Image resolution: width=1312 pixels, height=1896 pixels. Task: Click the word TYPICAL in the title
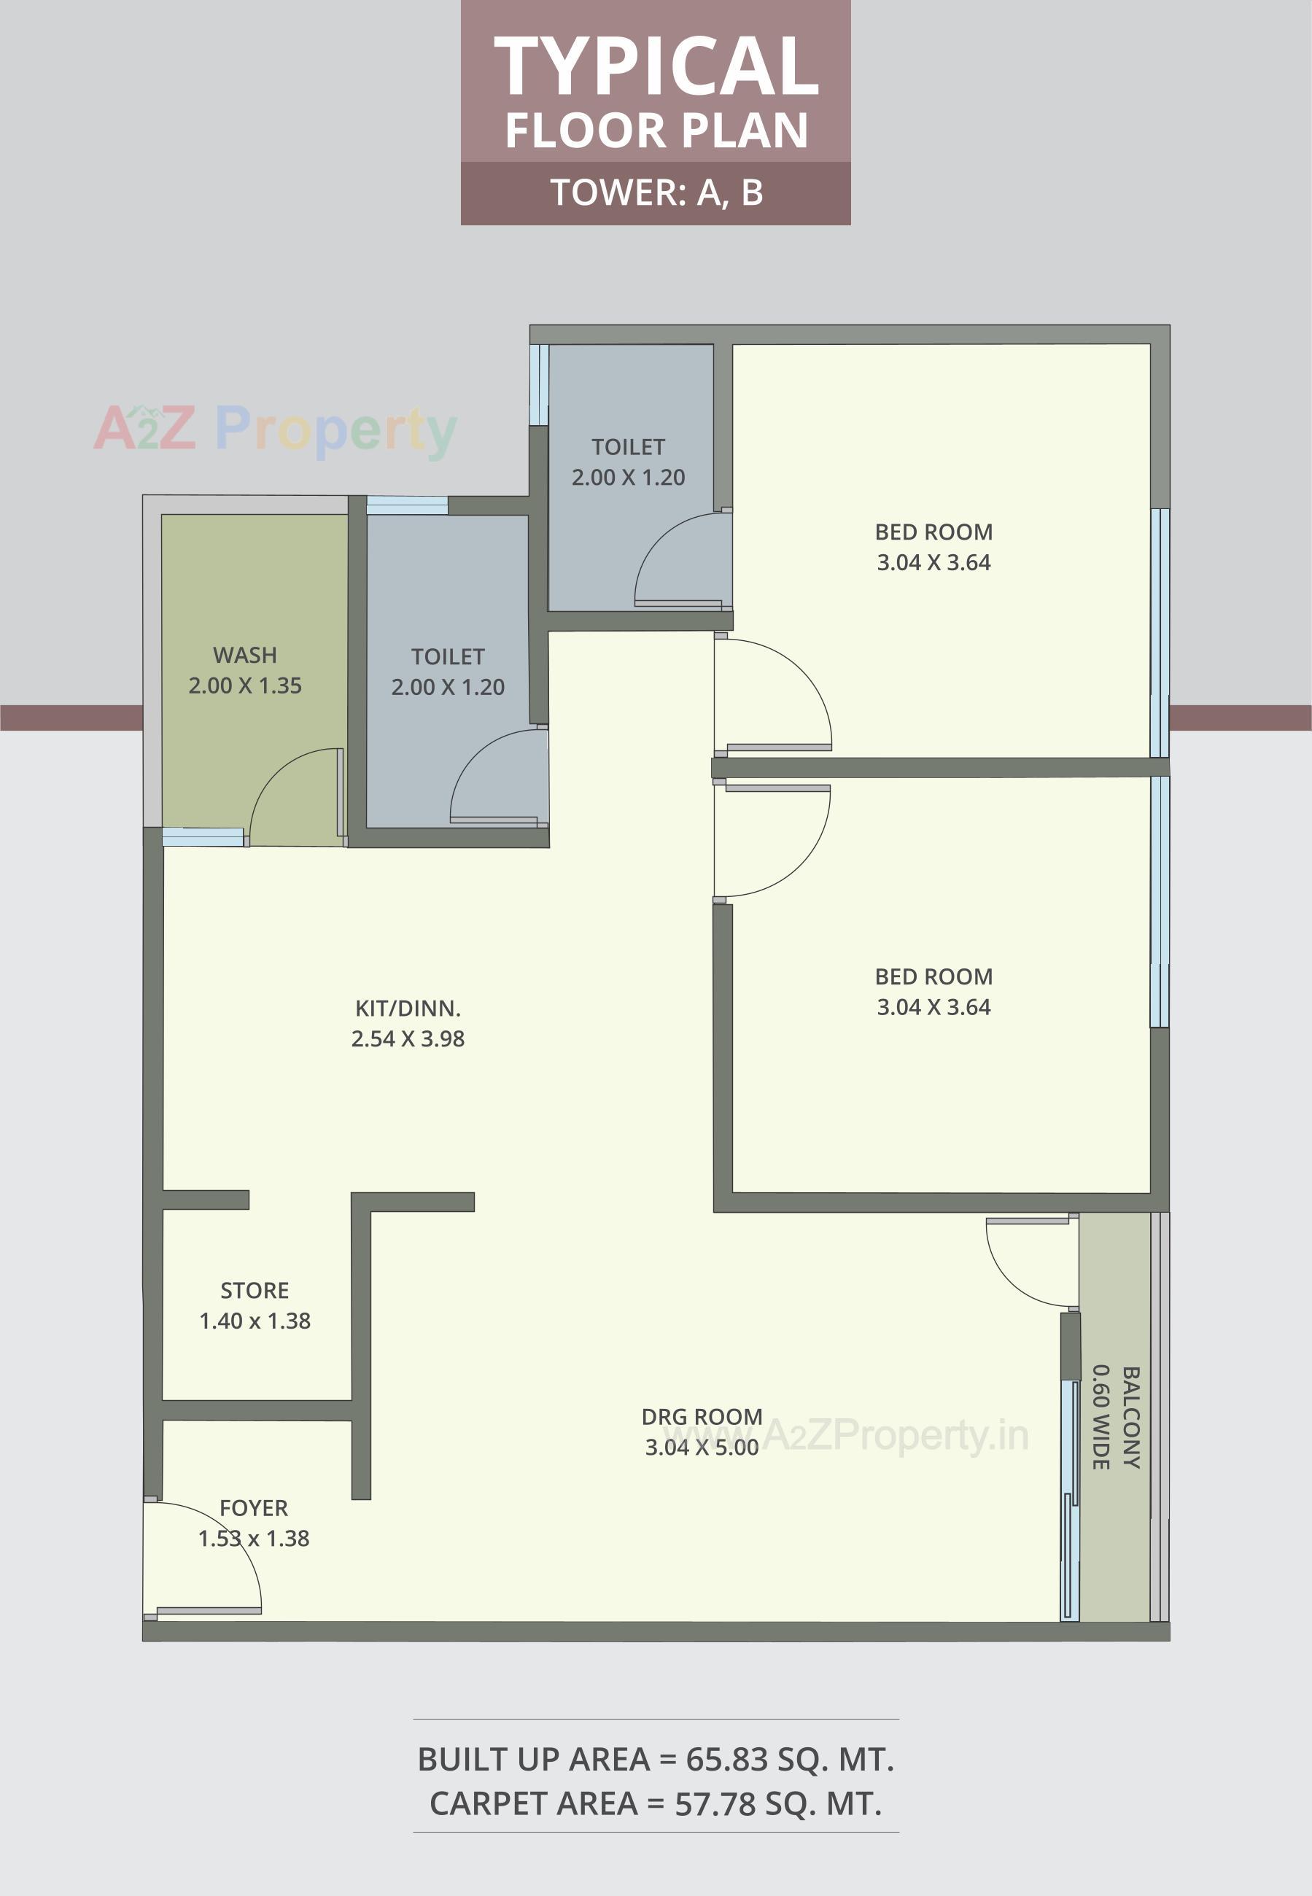point(655,67)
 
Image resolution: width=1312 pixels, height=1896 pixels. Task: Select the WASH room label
point(245,655)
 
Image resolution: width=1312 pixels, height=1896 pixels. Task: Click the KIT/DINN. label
point(408,1008)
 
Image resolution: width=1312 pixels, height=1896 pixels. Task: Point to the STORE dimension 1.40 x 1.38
point(255,1321)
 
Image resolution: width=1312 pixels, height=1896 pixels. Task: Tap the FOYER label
point(253,1508)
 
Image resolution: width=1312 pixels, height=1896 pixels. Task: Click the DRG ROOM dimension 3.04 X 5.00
point(701,1448)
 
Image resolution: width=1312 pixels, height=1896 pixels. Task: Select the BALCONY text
point(1131,1417)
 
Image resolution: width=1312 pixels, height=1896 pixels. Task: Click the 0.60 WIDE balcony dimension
point(1101,1417)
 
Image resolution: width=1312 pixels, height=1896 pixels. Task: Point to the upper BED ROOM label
point(933,532)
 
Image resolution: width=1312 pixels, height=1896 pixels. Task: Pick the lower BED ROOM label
point(933,976)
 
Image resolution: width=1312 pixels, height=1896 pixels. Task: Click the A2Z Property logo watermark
point(276,430)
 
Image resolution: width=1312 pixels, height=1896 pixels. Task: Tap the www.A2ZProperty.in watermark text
point(847,1435)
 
